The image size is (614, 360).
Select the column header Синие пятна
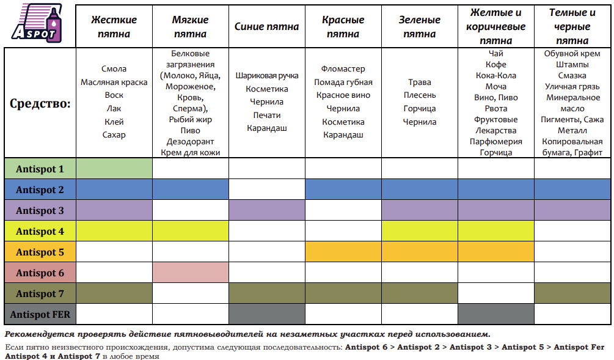[266, 26]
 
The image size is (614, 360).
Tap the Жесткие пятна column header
[114, 26]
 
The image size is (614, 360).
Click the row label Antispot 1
[40, 169]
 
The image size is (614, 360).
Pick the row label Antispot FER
[40, 314]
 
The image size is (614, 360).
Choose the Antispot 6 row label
[40, 273]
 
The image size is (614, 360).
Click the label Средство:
[40, 103]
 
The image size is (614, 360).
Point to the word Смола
[114, 69]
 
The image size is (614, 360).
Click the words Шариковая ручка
[267, 76]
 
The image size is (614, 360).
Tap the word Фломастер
[343, 69]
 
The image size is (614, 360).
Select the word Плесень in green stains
[420, 95]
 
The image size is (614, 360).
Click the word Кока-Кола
[496, 76]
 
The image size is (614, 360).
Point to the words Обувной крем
[572, 54]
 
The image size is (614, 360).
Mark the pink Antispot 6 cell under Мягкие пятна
[191, 273]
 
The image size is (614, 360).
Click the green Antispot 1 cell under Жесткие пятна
[114, 169]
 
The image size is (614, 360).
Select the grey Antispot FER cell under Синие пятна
[267, 314]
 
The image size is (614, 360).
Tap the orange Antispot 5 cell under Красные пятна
[343, 252]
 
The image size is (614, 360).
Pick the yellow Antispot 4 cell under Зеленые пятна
[420, 231]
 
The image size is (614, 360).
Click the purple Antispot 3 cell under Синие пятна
[267, 210]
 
